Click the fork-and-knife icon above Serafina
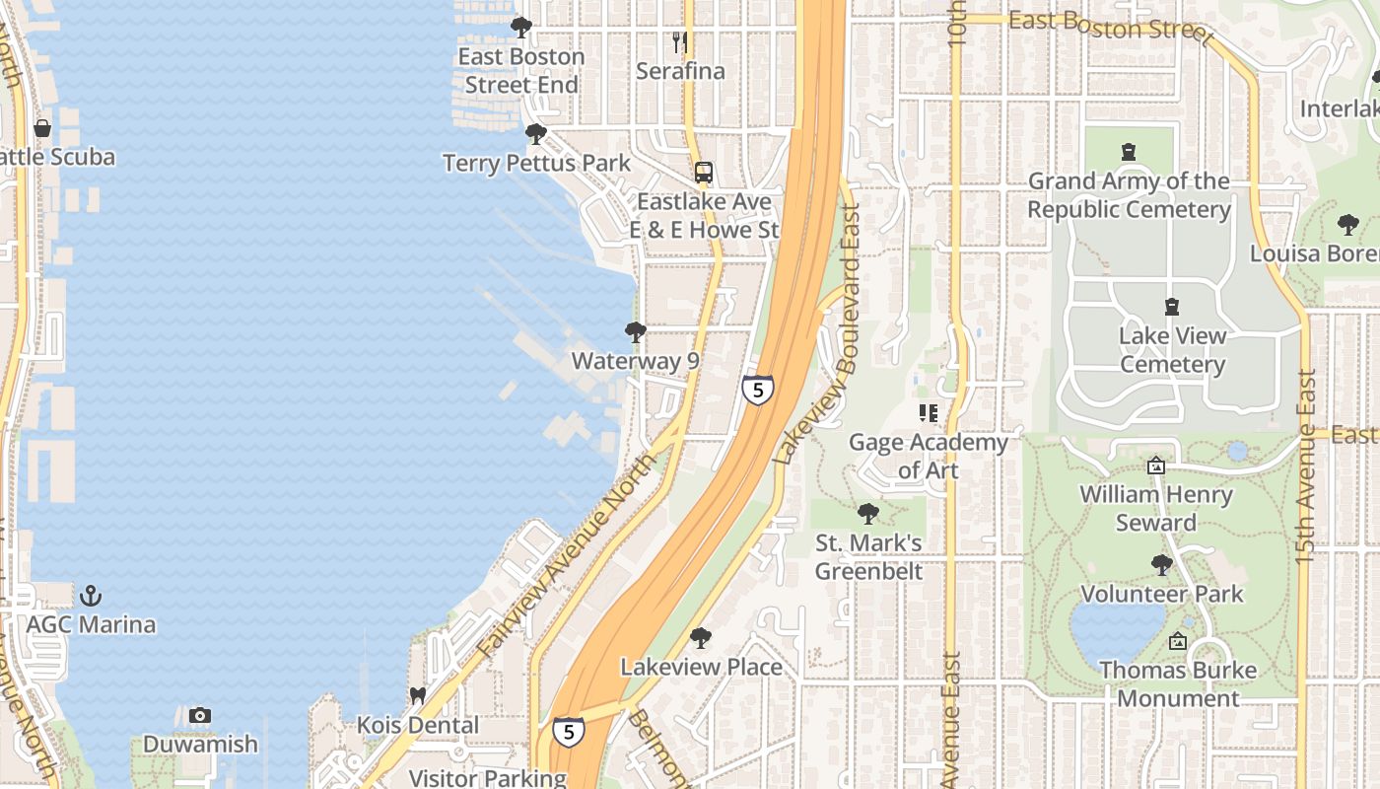[x=679, y=42]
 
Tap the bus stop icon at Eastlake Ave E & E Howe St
[x=703, y=173]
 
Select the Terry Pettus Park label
[x=536, y=163]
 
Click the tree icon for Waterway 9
[x=636, y=332]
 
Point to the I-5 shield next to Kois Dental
[x=568, y=731]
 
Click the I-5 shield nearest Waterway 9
[x=757, y=390]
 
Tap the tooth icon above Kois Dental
[x=418, y=696]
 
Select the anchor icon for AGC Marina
[x=91, y=596]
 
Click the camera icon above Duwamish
[x=200, y=715]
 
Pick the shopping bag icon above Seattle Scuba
[x=42, y=128]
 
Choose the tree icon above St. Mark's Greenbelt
[x=868, y=514]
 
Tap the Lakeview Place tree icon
[x=701, y=638]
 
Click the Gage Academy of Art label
[x=928, y=456]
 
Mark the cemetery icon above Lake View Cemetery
[x=1172, y=307]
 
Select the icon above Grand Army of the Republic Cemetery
[x=1129, y=152]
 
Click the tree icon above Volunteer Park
[x=1162, y=565]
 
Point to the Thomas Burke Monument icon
[x=1177, y=642]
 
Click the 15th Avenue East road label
[x=1306, y=466]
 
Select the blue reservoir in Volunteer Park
[x=1116, y=631]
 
